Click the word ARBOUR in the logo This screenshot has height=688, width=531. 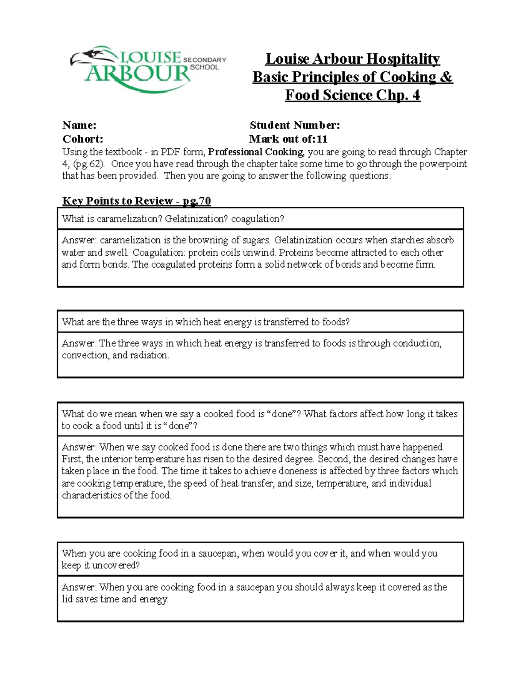point(137,74)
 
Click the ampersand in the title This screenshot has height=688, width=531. point(446,77)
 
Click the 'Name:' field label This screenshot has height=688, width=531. point(79,125)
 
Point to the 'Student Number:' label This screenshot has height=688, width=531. point(295,125)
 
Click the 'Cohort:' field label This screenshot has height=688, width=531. point(82,139)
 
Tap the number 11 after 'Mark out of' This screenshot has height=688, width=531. point(322,139)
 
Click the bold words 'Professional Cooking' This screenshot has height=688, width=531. point(256,152)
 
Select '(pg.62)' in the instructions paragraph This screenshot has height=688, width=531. point(88,164)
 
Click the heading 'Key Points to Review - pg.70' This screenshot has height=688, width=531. point(136,201)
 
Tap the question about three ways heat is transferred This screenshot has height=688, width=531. point(206,322)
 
